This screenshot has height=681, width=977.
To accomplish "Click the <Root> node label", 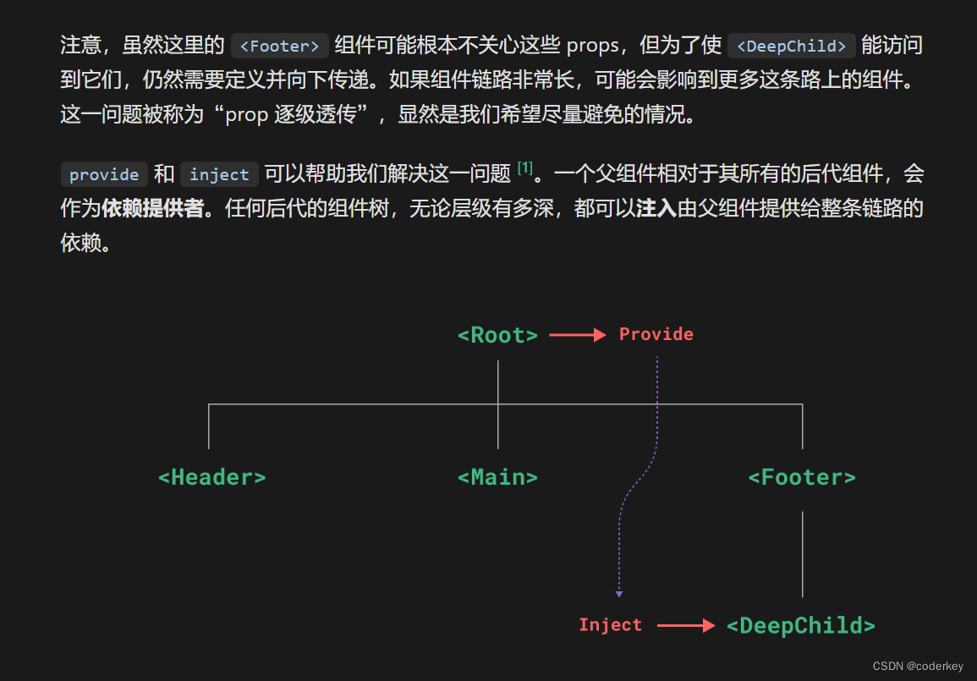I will pos(497,335).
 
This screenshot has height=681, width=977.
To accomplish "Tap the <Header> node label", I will pos(212,477).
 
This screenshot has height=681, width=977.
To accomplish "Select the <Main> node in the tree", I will pos(497,477).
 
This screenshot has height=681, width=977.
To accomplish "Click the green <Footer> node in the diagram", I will pos(802,477).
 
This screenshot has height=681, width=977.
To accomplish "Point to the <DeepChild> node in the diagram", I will pos(801,626).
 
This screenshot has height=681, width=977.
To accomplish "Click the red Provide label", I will pos(656,334).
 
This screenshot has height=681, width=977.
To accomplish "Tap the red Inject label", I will pos(611,625).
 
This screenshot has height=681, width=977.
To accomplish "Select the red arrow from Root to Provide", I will pos(578,335).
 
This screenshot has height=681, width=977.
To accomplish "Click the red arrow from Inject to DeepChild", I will pos(686,626).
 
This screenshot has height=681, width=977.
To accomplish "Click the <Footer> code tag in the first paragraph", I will pos(279,46).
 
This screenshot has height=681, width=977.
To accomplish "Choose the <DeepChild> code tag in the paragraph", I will pos(792,46).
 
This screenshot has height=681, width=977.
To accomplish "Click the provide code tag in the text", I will pos(104,174).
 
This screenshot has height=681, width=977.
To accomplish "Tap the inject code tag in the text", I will pos(219,174).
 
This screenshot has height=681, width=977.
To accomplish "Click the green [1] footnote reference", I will pos(525,169).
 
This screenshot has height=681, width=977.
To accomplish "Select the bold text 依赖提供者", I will pos(152,209).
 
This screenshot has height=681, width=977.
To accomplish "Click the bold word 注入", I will pos(656,209).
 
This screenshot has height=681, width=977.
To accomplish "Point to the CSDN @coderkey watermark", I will pos(919,667).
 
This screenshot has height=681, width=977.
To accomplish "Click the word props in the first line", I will pos(592,46).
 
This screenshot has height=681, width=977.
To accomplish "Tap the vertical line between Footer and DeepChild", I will pos(802,554).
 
